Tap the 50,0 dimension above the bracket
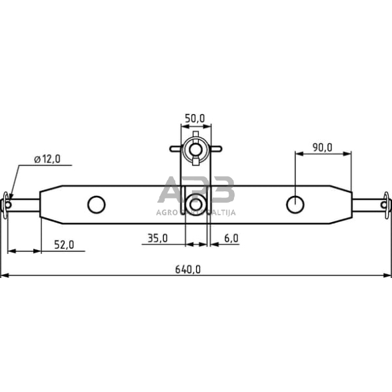[x=194, y=118]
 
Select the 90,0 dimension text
[x=321, y=147]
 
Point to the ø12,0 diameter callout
[x=47, y=159]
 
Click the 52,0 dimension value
[x=64, y=245]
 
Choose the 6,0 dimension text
[x=231, y=238]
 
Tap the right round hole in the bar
[x=295, y=204]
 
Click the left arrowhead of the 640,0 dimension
[x=3, y=275]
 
